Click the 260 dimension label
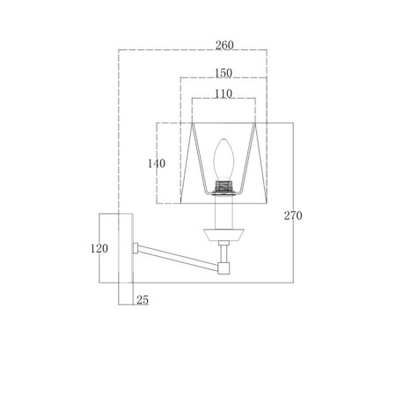224,45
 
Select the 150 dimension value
224,73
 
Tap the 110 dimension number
224,94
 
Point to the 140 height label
157,164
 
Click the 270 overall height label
293,216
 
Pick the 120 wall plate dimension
99,248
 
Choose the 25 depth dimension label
143,300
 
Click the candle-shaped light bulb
224,159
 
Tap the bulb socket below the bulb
224,187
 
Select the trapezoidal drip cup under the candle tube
224,235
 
